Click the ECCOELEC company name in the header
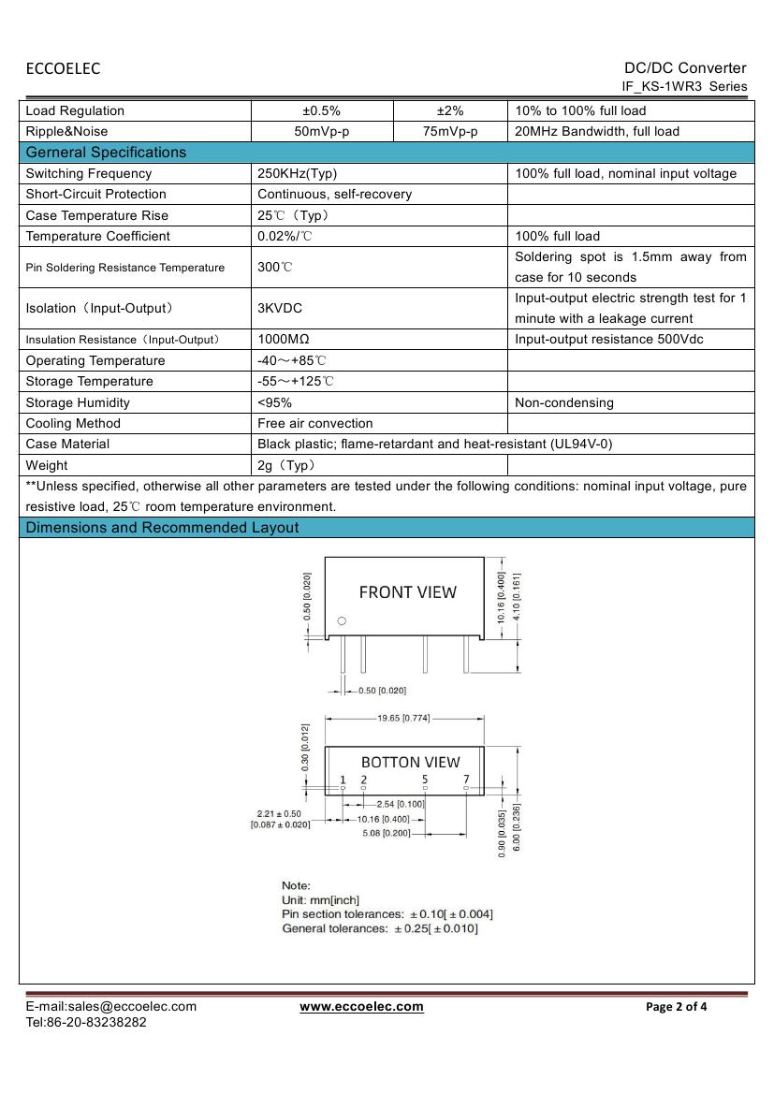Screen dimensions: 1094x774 [x=63, y=68]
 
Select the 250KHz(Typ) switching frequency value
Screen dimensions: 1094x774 [x=297, y=173]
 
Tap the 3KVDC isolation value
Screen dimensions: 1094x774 [x=280, y=308]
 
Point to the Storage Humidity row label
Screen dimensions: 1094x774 [x=78, y=402]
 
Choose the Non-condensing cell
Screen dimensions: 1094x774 [x=564, y=402]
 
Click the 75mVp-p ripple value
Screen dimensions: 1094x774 [x=450, y=131]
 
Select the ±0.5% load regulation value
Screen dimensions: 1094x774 [x=322, y=110]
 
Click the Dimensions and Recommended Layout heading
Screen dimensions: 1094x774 [x=162, y=528]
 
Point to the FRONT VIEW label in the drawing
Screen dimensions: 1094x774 [x=408, y=592]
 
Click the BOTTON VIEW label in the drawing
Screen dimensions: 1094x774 [x=411, y=762]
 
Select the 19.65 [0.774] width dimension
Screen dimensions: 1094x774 [x=404, y=719]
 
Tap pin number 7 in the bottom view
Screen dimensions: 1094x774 [x=466, y=780]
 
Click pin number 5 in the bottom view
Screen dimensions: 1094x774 [x=424, y=780]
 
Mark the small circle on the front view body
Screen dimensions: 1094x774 [x=342, y=621]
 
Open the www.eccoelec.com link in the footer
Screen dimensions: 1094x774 [x=361, y=1007]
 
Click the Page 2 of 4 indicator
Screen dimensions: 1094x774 [x=677, y=1007]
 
